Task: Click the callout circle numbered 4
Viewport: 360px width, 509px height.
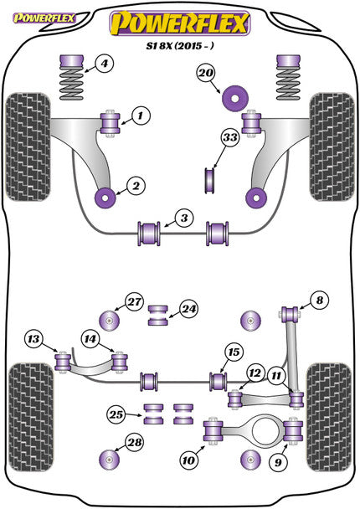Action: [x=102, y=63]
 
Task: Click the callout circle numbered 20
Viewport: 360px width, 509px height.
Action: [x=206, y=75]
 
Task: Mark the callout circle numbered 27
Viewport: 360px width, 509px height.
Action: [x=134, y=302]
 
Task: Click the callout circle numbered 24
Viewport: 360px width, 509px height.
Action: [x=188, y=309]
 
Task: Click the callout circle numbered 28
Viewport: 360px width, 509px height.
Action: [x=134, y=443]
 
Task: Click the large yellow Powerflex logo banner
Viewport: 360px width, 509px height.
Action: [x=181, y=23]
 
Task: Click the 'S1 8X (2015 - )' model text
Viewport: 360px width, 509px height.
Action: [x=181, y=49]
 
